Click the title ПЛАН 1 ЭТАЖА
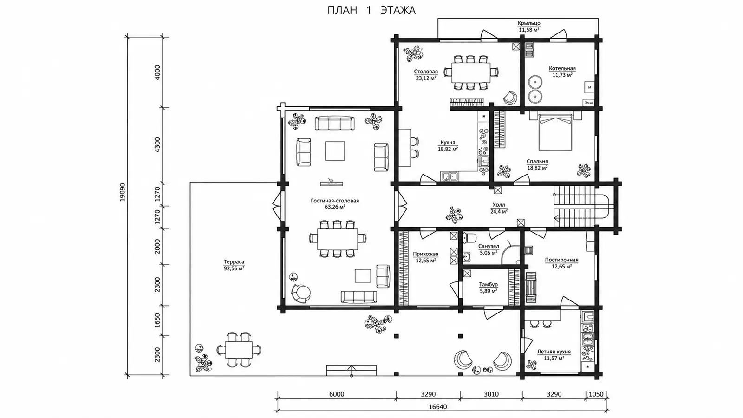pos(371,10)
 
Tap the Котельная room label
pos(562,68)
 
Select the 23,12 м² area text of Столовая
pos(426,78)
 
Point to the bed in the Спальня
pos(555,132)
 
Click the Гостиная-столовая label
pos(335,201)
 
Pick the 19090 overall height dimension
pos(123,192)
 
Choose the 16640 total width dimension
pos(437,407)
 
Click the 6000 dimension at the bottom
pos(337,394)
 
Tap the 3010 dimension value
pos(491,394)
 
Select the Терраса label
pos(234,262)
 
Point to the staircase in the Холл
pos(580,206)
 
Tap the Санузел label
pos(489,247)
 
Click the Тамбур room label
pos(488,285)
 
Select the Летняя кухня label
pos(554,352)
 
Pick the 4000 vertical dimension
pos(157,72)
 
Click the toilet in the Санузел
pos(469,237)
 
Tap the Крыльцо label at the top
pos(529,23)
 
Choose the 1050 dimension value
pos(596,394)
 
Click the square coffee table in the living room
pos(335,150)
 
